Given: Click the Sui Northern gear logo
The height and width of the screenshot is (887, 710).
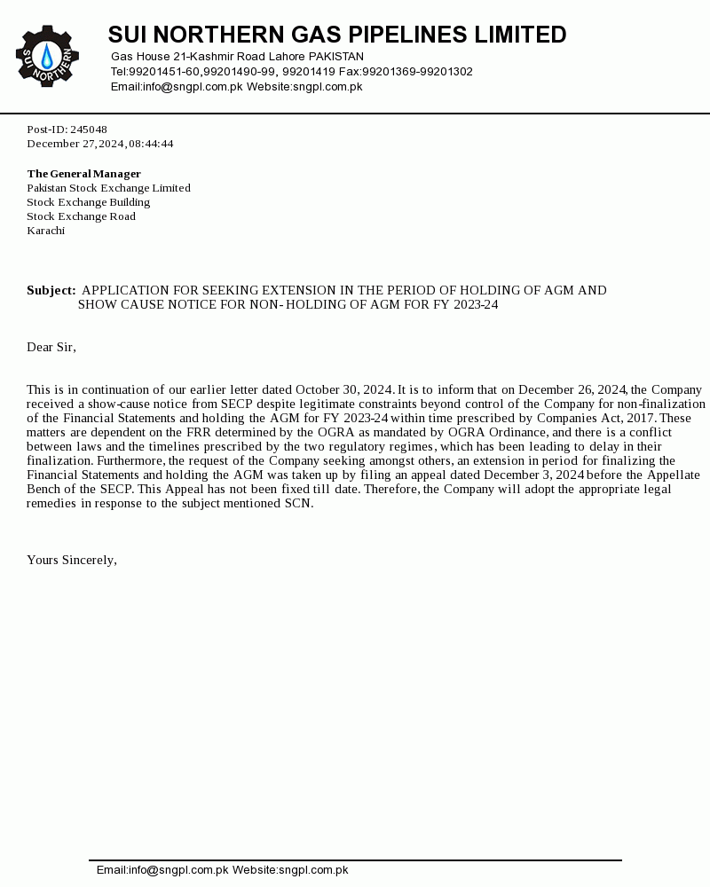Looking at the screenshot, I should pyautogui.click(x=47, y=56).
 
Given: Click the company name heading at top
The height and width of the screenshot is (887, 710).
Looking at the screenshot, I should pyautogui.click(x=337, y=35).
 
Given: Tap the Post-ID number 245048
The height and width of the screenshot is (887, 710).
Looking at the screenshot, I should pyautogui.click(x=89, y=130).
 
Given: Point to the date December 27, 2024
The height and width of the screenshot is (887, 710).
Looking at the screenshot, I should pyautogui.click(x=75, y=144).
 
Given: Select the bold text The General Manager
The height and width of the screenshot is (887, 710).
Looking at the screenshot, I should pyautogui.click(x=83, y=174).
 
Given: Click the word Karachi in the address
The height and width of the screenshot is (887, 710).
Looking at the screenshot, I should pyautogui.click(x=45, y=231).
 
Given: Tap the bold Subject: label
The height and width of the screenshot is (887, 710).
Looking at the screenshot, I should pyautogui.click(x=51, y=291).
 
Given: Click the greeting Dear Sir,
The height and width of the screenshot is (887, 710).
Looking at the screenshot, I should pyautogui.click(x=51, y=347).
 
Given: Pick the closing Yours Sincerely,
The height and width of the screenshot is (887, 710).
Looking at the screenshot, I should pyautogui.click(x=72, y=560).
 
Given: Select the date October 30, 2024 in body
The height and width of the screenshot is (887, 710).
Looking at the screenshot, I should pyautogui.click(x=343, y=389).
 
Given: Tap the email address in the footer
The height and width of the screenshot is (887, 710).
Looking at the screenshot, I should pyautogui.click(x=162, y=870).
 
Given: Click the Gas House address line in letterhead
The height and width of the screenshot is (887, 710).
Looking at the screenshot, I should pyautogui.click(x=237, y=57).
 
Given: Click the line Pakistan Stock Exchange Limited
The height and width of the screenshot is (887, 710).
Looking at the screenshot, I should pyautogui.click(x=108, y=188).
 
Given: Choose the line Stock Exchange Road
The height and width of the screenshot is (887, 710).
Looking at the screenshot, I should pyautogui.click(x=81, y=216).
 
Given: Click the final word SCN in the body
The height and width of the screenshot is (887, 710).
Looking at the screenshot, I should pyautogui.click(x=297, y=504).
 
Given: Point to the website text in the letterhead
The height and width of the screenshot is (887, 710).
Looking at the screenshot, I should pyautogui.click(x=304, y=87).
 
